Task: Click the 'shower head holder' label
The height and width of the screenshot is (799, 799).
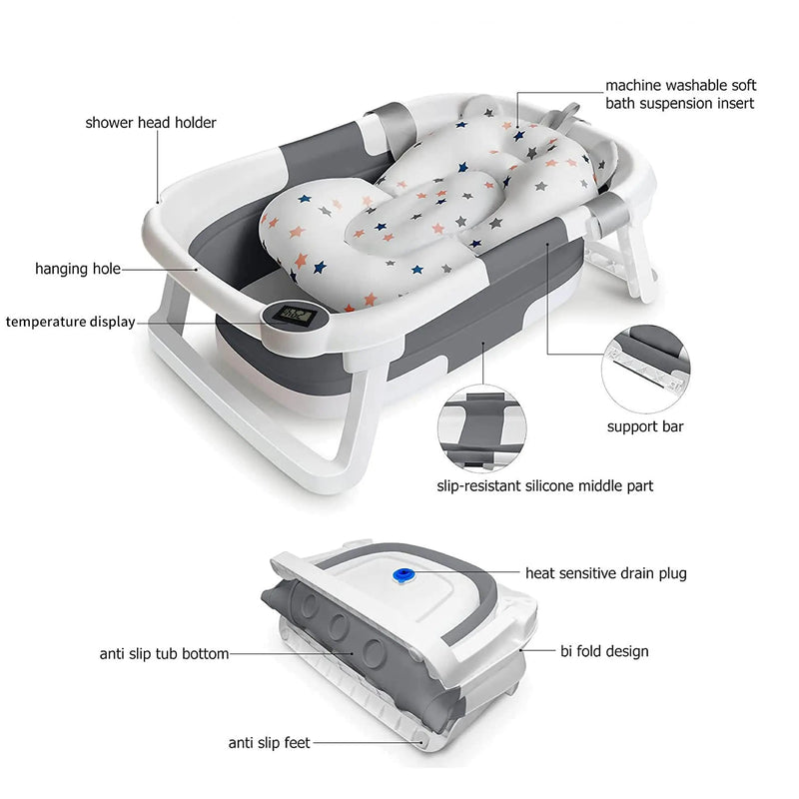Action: [x=150, y=123]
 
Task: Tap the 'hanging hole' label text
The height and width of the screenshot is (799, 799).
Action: [x=78, y=269]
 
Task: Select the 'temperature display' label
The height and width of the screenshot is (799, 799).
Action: [x=70, y=322]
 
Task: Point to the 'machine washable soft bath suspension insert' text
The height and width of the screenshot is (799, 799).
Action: [x=680, y=94]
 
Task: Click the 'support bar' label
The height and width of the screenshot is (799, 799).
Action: [x=645, y=426]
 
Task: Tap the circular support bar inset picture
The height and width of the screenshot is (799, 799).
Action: [x=646, y=364]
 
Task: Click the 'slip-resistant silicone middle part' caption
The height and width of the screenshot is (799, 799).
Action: [x=545, y=486]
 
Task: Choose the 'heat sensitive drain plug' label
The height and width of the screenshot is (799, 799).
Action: [x=606, y=573]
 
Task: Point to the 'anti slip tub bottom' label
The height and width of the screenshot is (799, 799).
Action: [x=164, y=654]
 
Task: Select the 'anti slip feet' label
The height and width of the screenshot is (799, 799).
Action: [x=269, y=742]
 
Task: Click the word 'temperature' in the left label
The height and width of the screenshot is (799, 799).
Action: [x=43, y=322]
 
